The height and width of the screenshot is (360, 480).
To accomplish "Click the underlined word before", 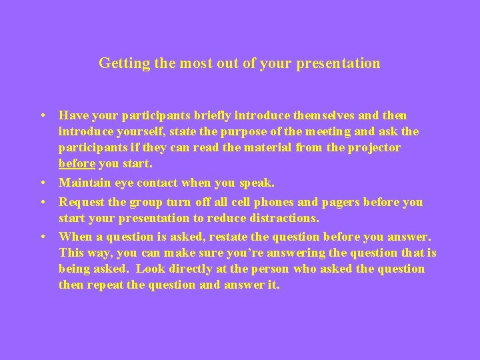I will [77, 164].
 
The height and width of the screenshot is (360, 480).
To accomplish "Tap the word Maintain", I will [83, 183].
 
